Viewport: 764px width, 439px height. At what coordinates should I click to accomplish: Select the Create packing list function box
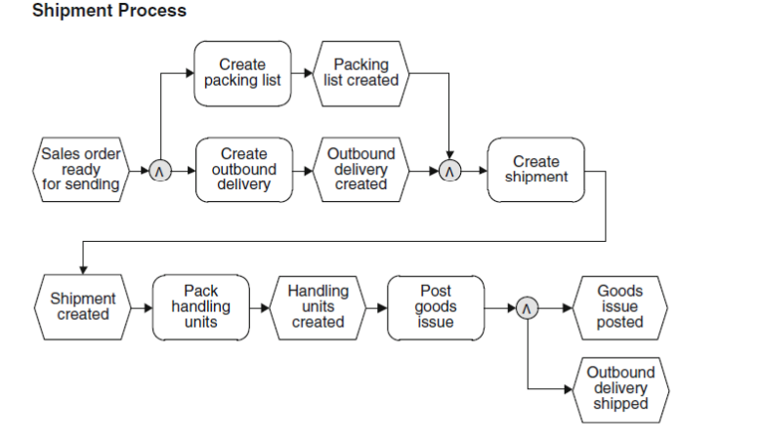(x=242, y=73)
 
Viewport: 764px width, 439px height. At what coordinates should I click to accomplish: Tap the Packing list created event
(x=361, y=73)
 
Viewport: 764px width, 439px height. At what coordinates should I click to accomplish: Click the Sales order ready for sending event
(x=81, y=170)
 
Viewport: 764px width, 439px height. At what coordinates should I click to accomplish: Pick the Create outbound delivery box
(x=243, y=170)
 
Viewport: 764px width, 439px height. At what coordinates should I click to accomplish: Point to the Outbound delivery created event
(x=361, y=170)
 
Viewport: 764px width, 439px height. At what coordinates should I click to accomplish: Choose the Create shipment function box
(x=536, y=170)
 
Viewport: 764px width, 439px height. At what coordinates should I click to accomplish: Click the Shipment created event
(x=83, y=307)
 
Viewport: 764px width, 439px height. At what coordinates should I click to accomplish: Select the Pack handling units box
(x=201, y=307)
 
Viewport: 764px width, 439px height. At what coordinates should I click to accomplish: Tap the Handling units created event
(x=318, y=307)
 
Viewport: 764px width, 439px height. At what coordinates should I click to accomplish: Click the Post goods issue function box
(x=436, y=307)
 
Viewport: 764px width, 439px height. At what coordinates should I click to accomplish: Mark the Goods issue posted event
(x=620, y=307)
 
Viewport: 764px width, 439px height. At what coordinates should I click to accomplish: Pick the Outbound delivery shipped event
(x=620, y=388)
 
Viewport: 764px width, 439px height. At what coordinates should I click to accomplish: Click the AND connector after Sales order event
(x=160, y=172)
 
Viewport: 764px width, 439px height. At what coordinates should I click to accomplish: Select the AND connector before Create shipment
(x=449, y=172)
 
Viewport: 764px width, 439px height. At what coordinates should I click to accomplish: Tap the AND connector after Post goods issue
(x=527, y=308)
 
